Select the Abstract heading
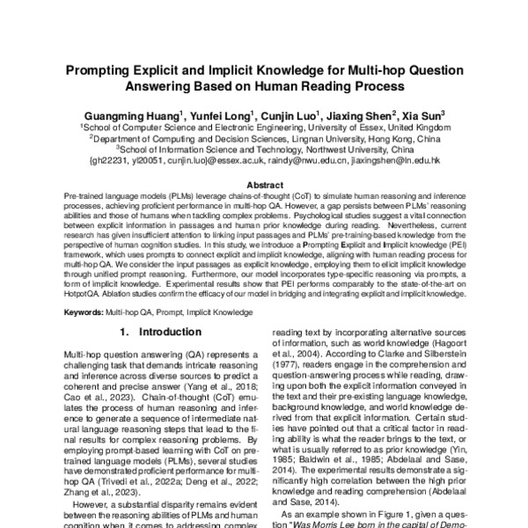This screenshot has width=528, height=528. click(x=263, y=185)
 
